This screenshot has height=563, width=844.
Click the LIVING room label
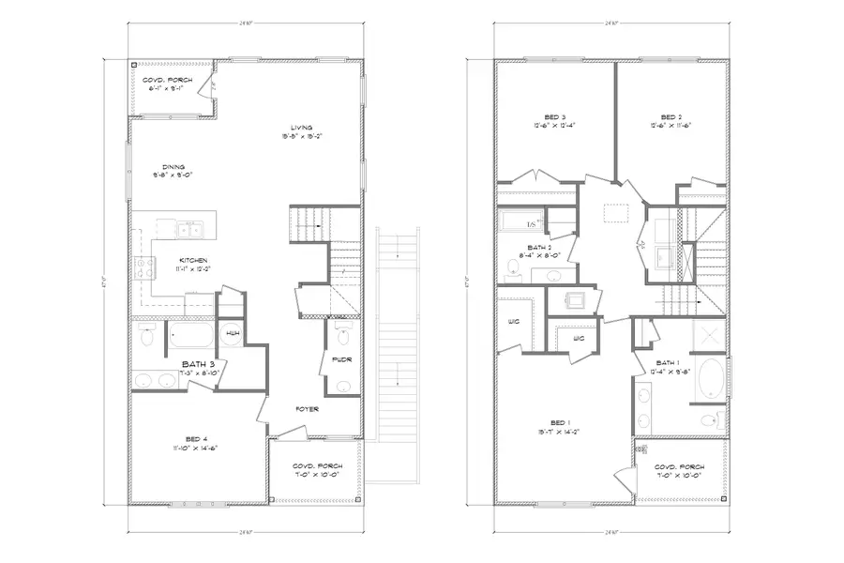tap(301, 128)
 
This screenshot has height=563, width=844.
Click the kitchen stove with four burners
tap(144, 268)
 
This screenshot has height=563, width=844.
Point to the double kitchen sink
tap(188, 228)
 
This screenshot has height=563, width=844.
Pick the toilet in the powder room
tap(342, 335)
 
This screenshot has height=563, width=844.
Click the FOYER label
tap(306, 409)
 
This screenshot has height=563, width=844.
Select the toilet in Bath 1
tap(711, 418)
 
